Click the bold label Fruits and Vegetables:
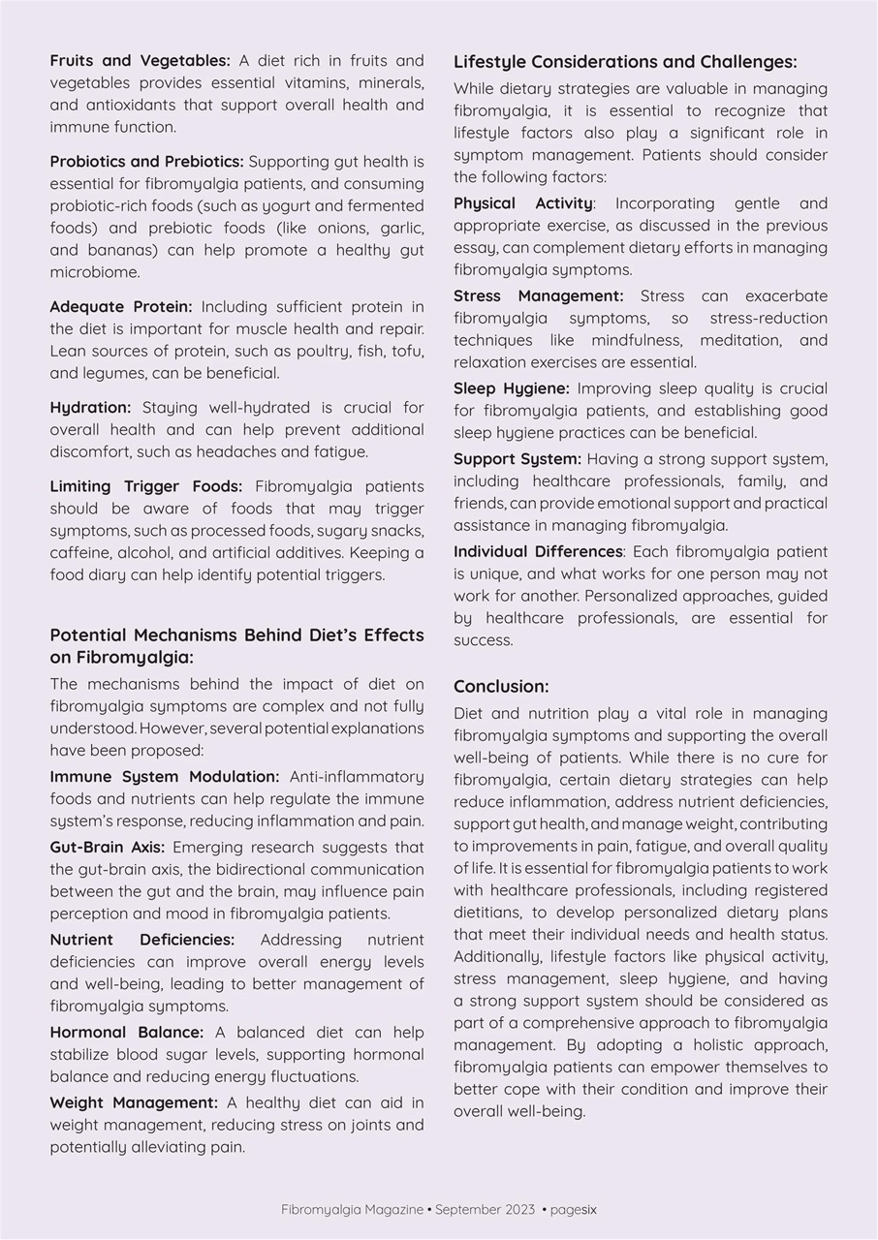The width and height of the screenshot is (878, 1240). [140, 61]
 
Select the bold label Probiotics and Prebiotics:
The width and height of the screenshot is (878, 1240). [146, 162]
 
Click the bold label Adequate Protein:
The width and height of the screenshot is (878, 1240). [121, 307]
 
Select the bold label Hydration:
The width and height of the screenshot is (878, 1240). [90, 408]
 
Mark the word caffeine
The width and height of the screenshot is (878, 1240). [82, 553]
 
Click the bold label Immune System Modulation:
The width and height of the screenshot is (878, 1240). [165, 777]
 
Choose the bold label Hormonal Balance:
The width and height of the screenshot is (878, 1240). [127, 1033]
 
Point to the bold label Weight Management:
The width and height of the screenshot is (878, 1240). [134, 1102]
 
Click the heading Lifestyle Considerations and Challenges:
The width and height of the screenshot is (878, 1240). [625, 62]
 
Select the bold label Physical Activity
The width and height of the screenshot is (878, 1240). [523, 203]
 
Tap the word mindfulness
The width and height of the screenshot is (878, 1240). [635, 341]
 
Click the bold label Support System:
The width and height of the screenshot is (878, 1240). [517, 459]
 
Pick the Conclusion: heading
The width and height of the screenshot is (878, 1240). [501, 687]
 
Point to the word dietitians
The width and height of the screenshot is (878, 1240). [492, 913]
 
